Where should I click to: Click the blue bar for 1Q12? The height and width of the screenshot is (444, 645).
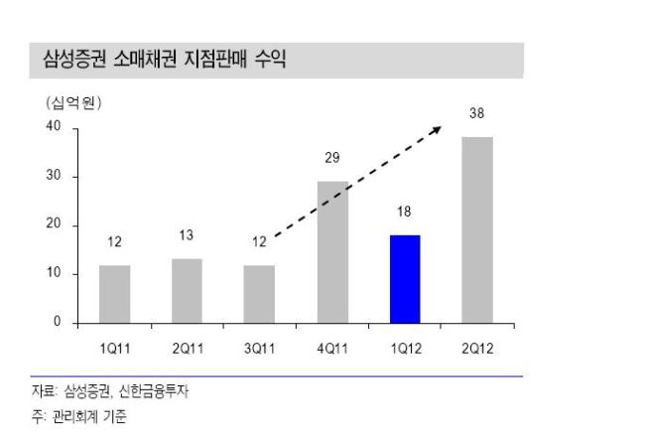pyautogui.click(x=405, y=279)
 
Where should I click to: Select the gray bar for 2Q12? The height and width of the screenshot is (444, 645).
pyautogui.click(x=477, y=229)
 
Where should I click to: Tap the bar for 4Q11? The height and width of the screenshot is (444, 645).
pyautogui.click(x=332, y=252)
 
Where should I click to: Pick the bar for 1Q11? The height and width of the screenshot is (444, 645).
pyautogui.click(x=115, y=294)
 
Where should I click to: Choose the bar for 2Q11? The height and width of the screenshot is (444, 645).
pyautogui.click(x=188, y=291)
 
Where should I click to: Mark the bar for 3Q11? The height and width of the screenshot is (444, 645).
pyautogui.click(x=259, y=294)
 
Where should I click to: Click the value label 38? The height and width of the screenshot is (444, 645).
pyautogui.click(x=476, y=113)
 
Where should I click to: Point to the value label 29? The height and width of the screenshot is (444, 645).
pyautogui.click(x=332, y=158)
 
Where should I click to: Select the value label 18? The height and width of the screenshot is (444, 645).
pyautogui.click(x=404, y=212)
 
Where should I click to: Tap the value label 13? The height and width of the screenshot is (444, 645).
pyautogui.click(x=187, y=235)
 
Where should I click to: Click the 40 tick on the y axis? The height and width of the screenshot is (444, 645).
pyautogui.click(x=54, y=125)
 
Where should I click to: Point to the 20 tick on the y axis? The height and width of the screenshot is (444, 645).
pyautogui.click(x=54, y=223)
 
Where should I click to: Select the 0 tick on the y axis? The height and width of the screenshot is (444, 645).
pyautogui.click(x=58, y=321)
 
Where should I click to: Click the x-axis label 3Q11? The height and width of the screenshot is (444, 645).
pyautogui.click(x=260, y=349)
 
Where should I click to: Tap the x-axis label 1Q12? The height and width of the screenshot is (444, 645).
pyautogui.click(x=406, y=349)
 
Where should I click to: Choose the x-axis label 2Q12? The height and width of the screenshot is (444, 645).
pyautogui.click(x=477, y=349)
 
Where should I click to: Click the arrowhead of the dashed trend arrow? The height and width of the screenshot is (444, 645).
pyautogui.click(x=437, y=130)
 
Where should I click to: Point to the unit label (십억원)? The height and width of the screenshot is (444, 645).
pyautogui.click(x=73, y=103)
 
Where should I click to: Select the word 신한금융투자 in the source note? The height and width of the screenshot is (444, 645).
pyautogui.click(x=154, y=391)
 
